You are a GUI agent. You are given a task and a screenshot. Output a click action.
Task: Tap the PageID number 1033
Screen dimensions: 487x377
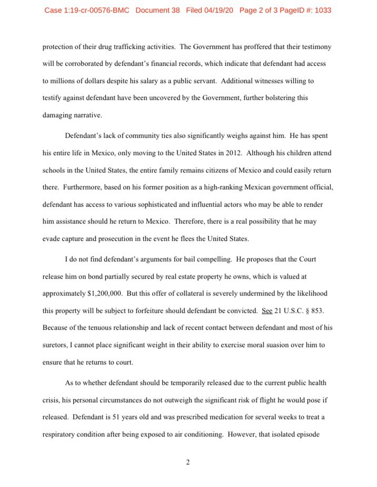321,10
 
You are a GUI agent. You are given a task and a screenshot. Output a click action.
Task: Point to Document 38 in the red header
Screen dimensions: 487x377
157,10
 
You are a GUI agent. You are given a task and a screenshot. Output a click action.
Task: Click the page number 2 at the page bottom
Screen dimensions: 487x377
187,462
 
